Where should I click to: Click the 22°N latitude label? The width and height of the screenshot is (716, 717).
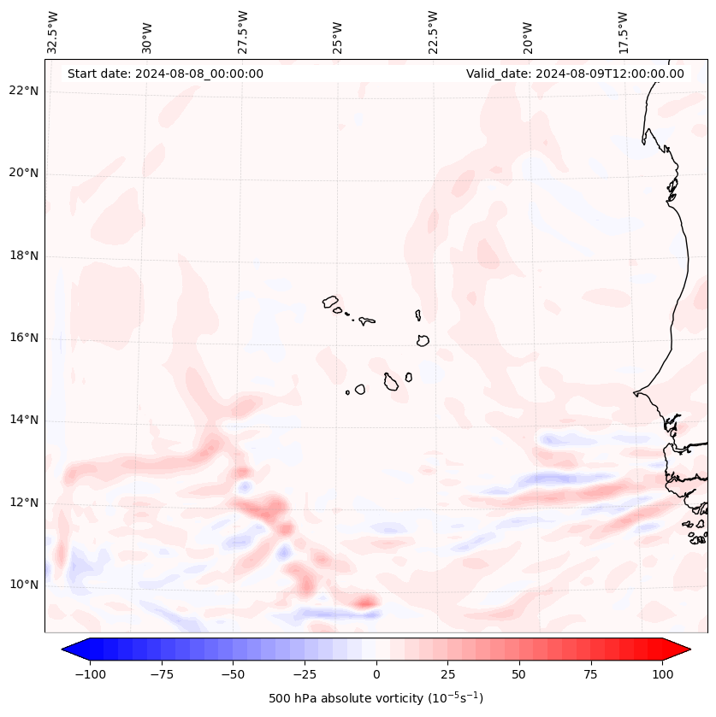coord(24,91)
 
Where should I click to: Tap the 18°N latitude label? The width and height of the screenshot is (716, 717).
coord(24,256)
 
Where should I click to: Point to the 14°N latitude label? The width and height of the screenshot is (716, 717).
coord(24,420)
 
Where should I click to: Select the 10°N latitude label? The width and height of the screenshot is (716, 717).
coord(24,585)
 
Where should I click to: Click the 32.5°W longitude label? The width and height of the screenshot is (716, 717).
coord(53,32)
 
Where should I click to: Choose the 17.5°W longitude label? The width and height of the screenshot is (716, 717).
coord(623,32)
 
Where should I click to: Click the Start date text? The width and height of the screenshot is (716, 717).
coord(165,73)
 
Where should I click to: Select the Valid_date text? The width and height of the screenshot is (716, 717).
coord(575,73)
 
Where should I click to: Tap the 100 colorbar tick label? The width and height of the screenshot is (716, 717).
coord(663,674)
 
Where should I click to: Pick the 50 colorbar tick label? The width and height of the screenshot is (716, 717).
coord(519,674)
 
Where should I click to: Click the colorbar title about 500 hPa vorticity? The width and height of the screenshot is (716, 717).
coord(376,698)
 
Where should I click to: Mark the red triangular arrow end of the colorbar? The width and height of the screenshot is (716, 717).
coord(678,649)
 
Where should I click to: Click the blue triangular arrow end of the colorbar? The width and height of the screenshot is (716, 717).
coord(74,649)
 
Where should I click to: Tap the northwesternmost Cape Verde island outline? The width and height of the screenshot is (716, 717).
coord(330,302)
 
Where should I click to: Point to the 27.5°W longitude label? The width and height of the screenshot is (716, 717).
coord(243,32)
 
